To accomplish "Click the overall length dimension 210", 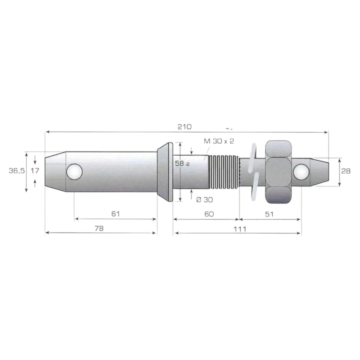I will (x=184, y=127).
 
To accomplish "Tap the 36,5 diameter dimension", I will (x=17, y=171).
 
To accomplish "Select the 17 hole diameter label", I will (x=35, y=171).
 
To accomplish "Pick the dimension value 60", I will (x=209, y=214).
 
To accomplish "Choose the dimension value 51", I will (x=270, y=214).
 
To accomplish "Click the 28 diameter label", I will (x=346, y=171).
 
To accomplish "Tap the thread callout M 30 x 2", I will (x=219, y=141).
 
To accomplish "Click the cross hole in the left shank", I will (x=74, y=172).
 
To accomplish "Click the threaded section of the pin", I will (x=224, y=172).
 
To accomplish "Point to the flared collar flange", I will (x=165, y=172).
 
